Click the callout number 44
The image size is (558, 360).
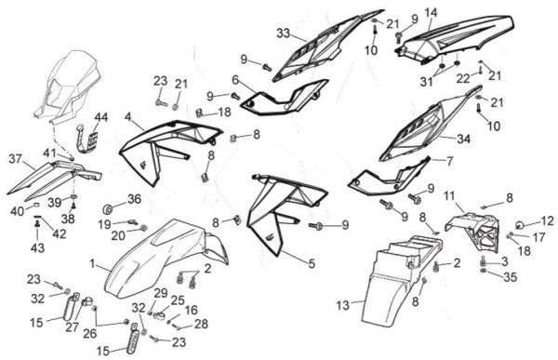click(101, 117)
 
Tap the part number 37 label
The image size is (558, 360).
click(16, 159)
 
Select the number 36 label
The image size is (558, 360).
click(134, 199)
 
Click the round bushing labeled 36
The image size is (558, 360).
click(107, 209)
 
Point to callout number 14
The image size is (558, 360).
click(431, 13)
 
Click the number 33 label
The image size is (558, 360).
click(284, 33)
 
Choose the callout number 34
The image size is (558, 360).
click(463, 139)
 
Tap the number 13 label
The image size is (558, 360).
click(343, 305)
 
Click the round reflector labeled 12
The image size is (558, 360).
click(520, 225)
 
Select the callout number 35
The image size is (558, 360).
click(510, 276)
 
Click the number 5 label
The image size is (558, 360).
click(312, 263)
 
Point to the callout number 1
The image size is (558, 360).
click(92, 264)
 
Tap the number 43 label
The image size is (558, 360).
click(37, 247)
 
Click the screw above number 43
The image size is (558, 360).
click(37, 223)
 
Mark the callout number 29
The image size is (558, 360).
click(161, 293)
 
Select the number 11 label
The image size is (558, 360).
click(449, 195)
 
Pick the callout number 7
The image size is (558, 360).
click(449, 161)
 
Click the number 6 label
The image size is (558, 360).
click(235, 80)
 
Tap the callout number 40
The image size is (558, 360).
click(17, 211)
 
